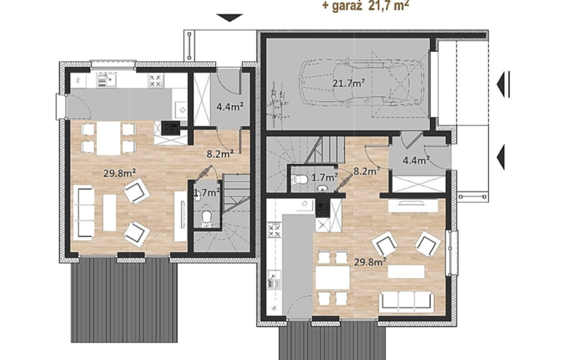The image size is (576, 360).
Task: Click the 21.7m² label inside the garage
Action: pyautogui.click(x=348, y=84)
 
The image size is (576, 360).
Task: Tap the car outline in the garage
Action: pyautogui.click(x=362, y=81)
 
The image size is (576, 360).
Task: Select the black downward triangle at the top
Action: pyautogui.click(x=230, y=17)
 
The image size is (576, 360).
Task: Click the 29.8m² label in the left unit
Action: pyautogui.click(x=120, y=173)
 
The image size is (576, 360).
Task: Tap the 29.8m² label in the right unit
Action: pyautogui.click(x=370, y=261)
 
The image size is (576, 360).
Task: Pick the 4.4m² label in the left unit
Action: pyautogui.click(x=230, y=107)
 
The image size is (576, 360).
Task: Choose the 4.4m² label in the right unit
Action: pyautogui.click(x=417, y=161)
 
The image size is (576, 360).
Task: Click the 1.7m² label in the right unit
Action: pyautogui.click(x=325, y=177)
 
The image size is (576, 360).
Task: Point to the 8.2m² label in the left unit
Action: pyautogui.click(x=220, y=154)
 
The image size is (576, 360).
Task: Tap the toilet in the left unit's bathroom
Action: pyautogui.click(x=206, y=217)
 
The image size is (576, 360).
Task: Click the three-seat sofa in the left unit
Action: pyautogui.click(x=84, y=213)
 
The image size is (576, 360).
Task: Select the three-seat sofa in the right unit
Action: pyautogui.click(x=406, y=300)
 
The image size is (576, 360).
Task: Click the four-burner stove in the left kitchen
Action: pyautogui.click(x=156, y=81)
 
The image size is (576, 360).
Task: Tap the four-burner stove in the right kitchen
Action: pyautogui.click(x=274, y=230)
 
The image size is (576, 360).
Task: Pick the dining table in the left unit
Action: pyautogui.click(x=109, y=138)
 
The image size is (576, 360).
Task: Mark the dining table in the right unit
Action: pyautogui.click(x=333, y=278)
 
